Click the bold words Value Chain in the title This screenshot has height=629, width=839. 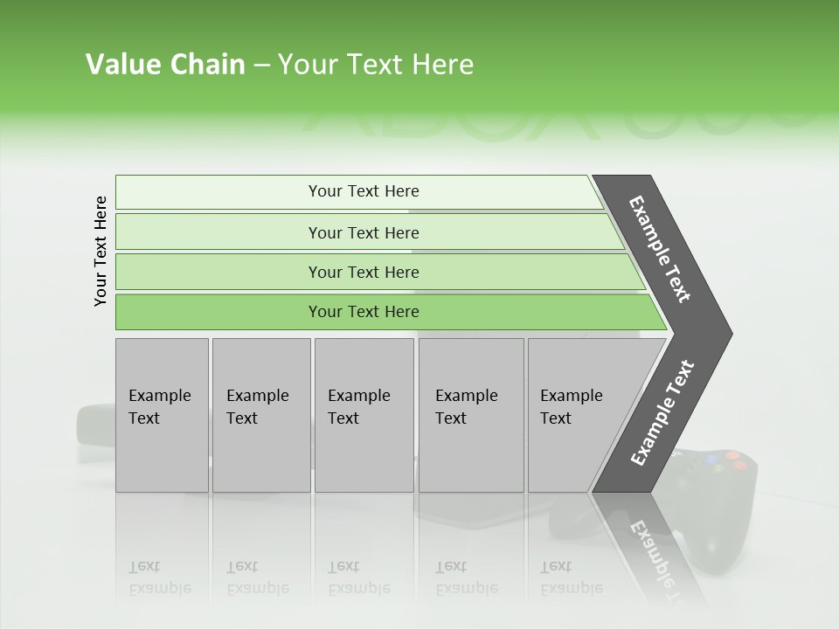(x=165, y=65)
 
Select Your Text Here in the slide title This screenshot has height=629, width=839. (x=376, y=65)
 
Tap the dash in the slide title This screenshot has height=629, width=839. (x=261, y=66)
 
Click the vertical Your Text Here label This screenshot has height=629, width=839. (x=101, y=251)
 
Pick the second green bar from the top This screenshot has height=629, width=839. (x=364, y=232)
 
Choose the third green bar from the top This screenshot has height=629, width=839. (x=364, y=272)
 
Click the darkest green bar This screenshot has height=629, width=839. (x=364, y=312)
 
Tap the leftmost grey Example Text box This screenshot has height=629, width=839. (x=162, y=414)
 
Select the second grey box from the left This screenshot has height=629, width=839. (x=260, y=414)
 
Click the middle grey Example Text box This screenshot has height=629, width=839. (x=364, y=414)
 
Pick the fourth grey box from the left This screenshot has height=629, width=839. (x=470, y=414)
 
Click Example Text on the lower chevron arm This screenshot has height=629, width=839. (x=662, y=413)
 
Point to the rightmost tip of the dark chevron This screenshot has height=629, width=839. (x=730, y=333)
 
